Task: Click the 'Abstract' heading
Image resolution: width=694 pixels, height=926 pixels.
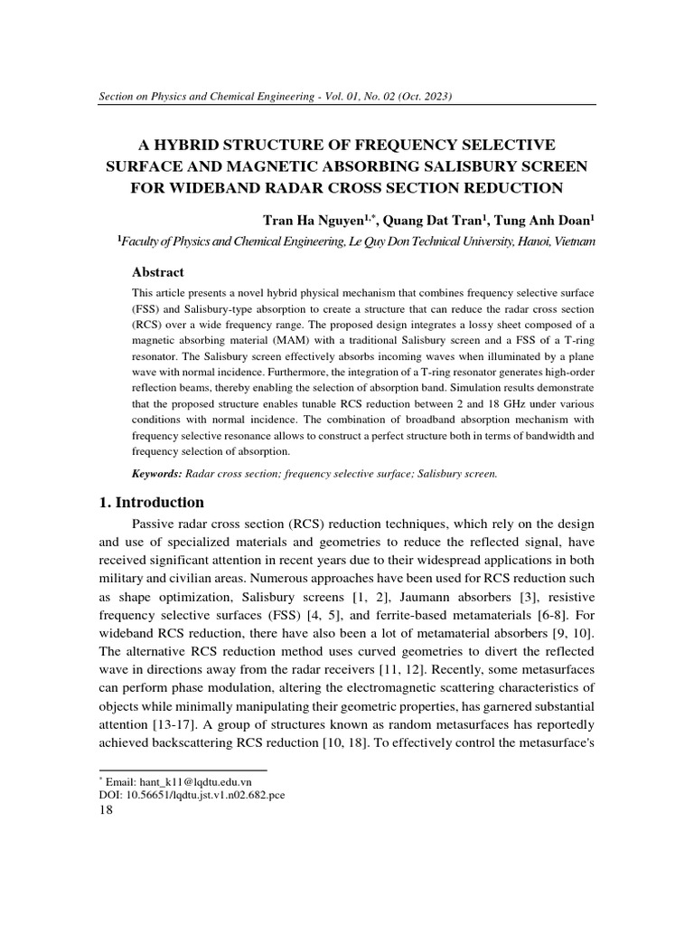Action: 158,272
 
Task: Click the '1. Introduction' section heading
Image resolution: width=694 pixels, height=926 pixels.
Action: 151,503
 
